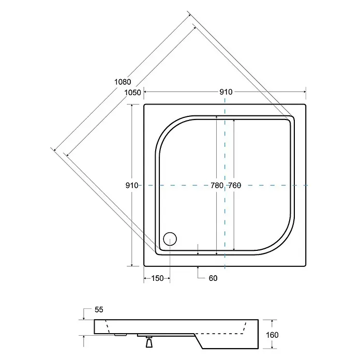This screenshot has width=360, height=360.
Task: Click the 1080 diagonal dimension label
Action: click(123, 82)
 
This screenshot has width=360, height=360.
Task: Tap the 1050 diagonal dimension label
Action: click(132, 93)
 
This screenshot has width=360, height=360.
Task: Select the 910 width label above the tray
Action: click(226, 92)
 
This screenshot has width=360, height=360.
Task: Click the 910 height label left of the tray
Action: click(132, 185)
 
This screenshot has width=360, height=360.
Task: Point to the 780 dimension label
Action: click(217, 185)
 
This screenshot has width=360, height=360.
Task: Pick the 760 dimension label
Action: click(235, 185)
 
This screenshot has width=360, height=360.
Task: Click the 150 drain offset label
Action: click(157, 278)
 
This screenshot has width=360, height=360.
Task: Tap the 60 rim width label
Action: click(213, 278)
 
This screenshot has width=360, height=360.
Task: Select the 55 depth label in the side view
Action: click(99, 309)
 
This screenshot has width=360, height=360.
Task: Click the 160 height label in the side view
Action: click(272, 335)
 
